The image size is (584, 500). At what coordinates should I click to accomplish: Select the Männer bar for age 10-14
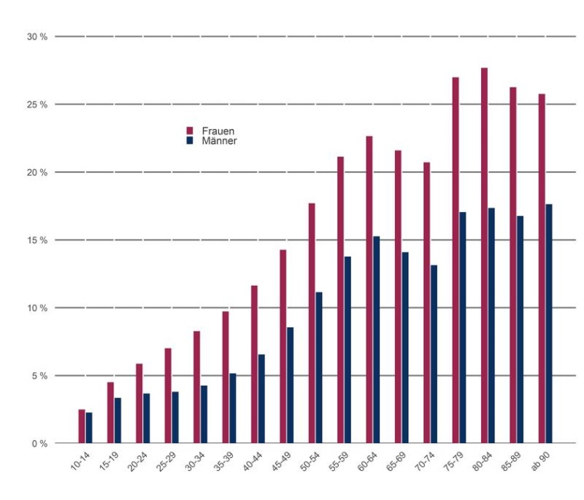(89, 428)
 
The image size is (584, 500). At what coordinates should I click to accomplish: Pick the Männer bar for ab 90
(549, 323)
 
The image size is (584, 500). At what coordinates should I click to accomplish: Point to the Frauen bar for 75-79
(456, 260)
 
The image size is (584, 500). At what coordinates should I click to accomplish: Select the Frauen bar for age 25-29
(168, 396)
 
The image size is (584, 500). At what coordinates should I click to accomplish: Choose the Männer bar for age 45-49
(290, 385)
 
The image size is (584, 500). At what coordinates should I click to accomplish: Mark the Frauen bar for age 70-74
(426, 303)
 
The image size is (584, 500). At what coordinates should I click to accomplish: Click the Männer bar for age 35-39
(233, 408)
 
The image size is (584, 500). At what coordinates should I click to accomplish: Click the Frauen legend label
(218, 131)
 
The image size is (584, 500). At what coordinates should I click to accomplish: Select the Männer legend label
(219, 141)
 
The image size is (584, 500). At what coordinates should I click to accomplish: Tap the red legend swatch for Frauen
(190, 131)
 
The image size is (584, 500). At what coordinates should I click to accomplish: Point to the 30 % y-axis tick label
(36, 36)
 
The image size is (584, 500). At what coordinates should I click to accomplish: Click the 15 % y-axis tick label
(36, 240)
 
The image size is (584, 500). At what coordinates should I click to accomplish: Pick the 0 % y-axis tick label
(38, 444)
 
